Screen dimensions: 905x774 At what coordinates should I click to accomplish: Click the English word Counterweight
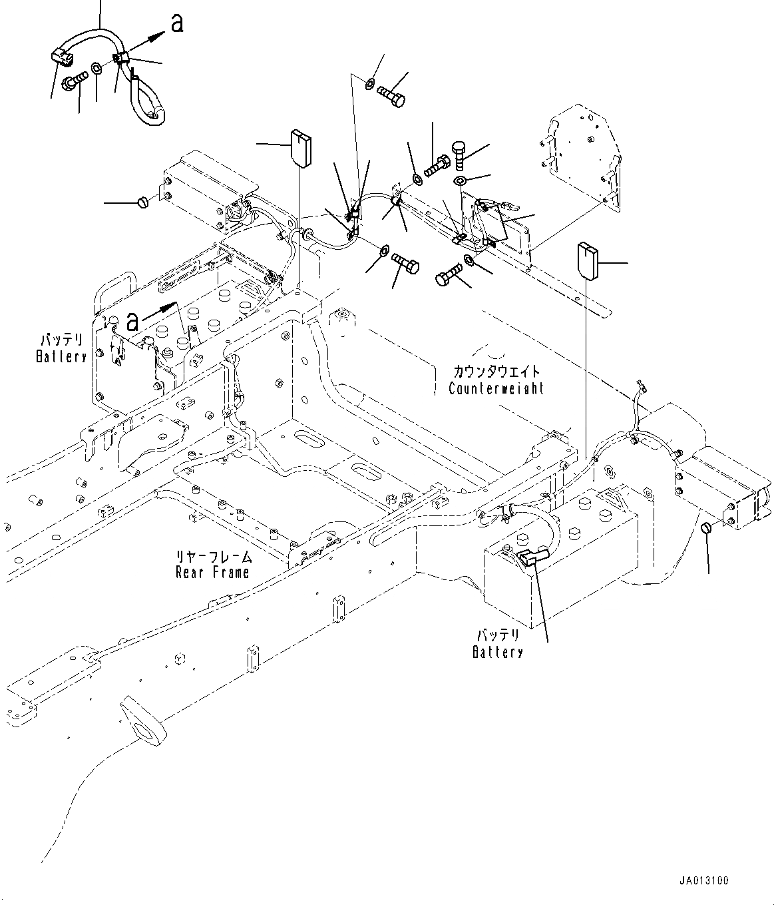click(496, 388)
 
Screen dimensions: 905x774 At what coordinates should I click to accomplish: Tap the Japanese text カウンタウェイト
click(496, 372)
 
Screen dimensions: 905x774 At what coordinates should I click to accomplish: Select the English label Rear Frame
click(212, 572)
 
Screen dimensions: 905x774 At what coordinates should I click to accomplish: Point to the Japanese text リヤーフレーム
click(213, 556)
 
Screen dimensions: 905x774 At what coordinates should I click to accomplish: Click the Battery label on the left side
click(61, 356)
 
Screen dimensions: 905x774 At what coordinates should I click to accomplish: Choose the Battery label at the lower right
click(497, 652)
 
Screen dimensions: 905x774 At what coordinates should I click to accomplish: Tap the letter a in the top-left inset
click(176, 23)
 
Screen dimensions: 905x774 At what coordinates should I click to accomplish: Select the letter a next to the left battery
click(133, 322)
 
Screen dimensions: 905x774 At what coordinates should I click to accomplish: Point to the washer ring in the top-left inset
click(97, 69)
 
